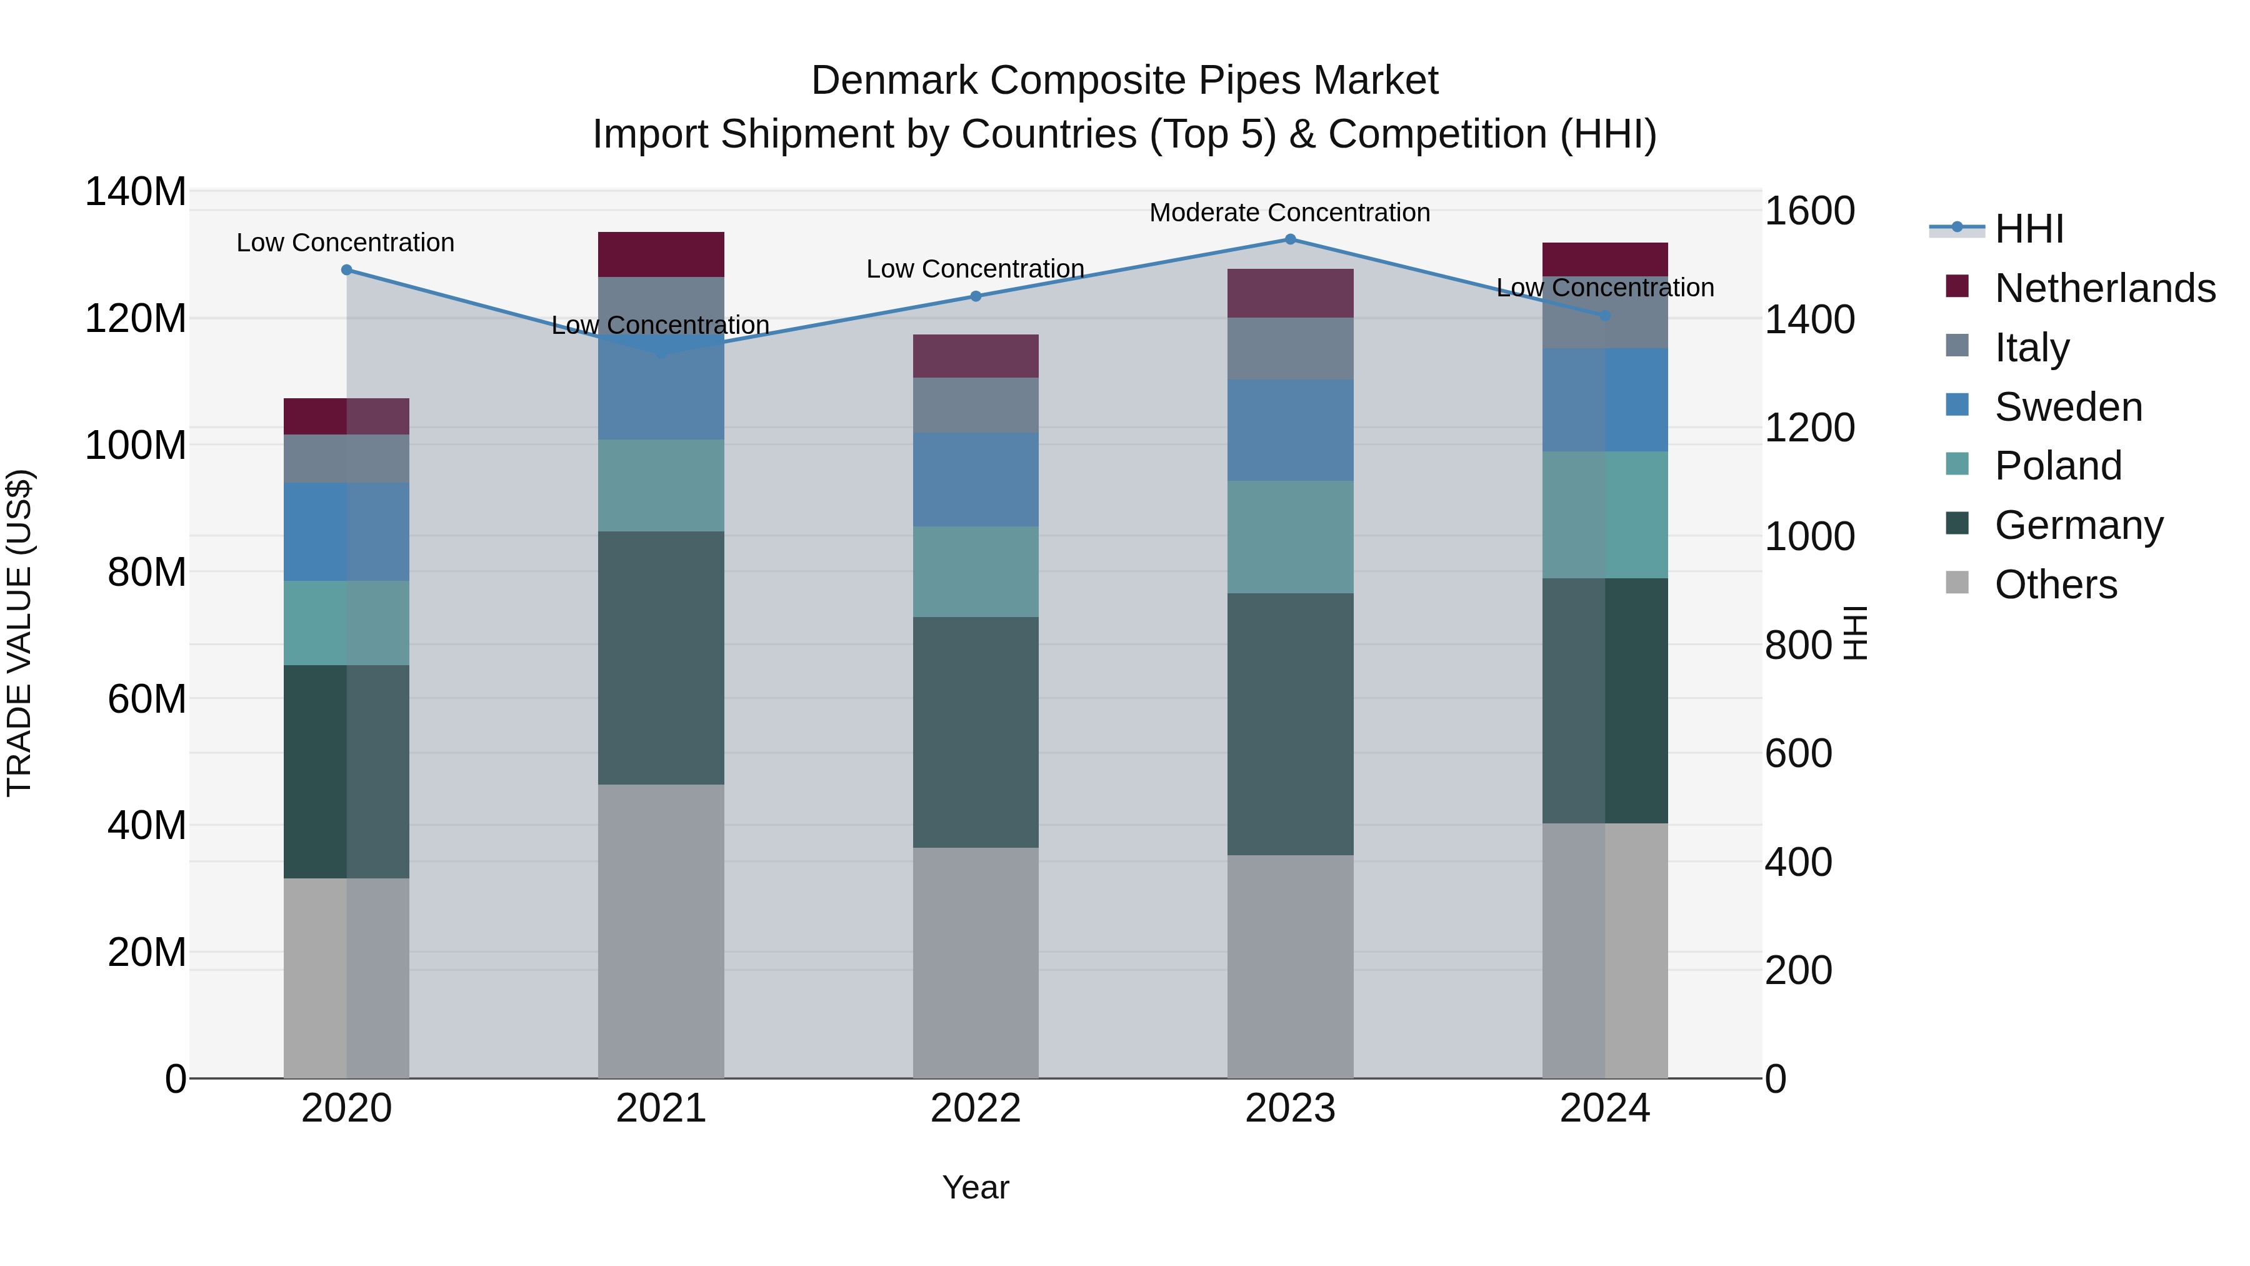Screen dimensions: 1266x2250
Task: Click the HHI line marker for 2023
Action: [1290, 239]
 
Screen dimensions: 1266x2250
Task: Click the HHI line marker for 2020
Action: [347, 270]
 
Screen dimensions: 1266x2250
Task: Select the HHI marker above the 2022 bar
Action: [976, 296]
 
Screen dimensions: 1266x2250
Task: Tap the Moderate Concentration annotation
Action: [1289, 213]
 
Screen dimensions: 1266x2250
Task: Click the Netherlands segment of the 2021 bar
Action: [661, 254]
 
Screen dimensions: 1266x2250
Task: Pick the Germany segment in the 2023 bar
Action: [1290, 725]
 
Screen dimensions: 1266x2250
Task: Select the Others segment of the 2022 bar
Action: [976, 962]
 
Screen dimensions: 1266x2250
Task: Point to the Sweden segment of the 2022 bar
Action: [976, 480]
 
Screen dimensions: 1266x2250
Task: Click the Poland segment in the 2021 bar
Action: [661, 486]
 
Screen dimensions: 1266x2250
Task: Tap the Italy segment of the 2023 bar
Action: [1290, 349]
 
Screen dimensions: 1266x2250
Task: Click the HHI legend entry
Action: [2029, 229]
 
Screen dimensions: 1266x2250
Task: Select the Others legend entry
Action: [2055, 585]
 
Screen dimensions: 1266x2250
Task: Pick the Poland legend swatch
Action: [1957, 465]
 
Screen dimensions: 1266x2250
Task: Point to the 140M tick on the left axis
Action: [136, 192]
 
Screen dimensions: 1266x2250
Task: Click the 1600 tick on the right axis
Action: [1809, 211]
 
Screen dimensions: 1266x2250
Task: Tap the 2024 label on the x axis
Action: [1604, 1108]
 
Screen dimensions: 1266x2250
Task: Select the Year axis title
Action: [976, 1187]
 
